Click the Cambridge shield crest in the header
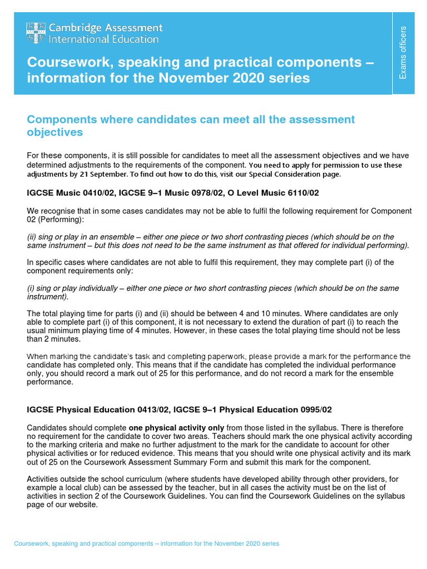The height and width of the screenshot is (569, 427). coord(36,33)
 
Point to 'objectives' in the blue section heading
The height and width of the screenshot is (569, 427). coord(55,132)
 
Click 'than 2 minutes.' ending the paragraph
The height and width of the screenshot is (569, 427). coord(54,339)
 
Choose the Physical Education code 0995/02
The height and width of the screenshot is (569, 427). coord(311,410)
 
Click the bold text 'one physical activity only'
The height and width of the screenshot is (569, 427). coord(176,427)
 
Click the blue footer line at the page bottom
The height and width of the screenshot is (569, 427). coord(146,543)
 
